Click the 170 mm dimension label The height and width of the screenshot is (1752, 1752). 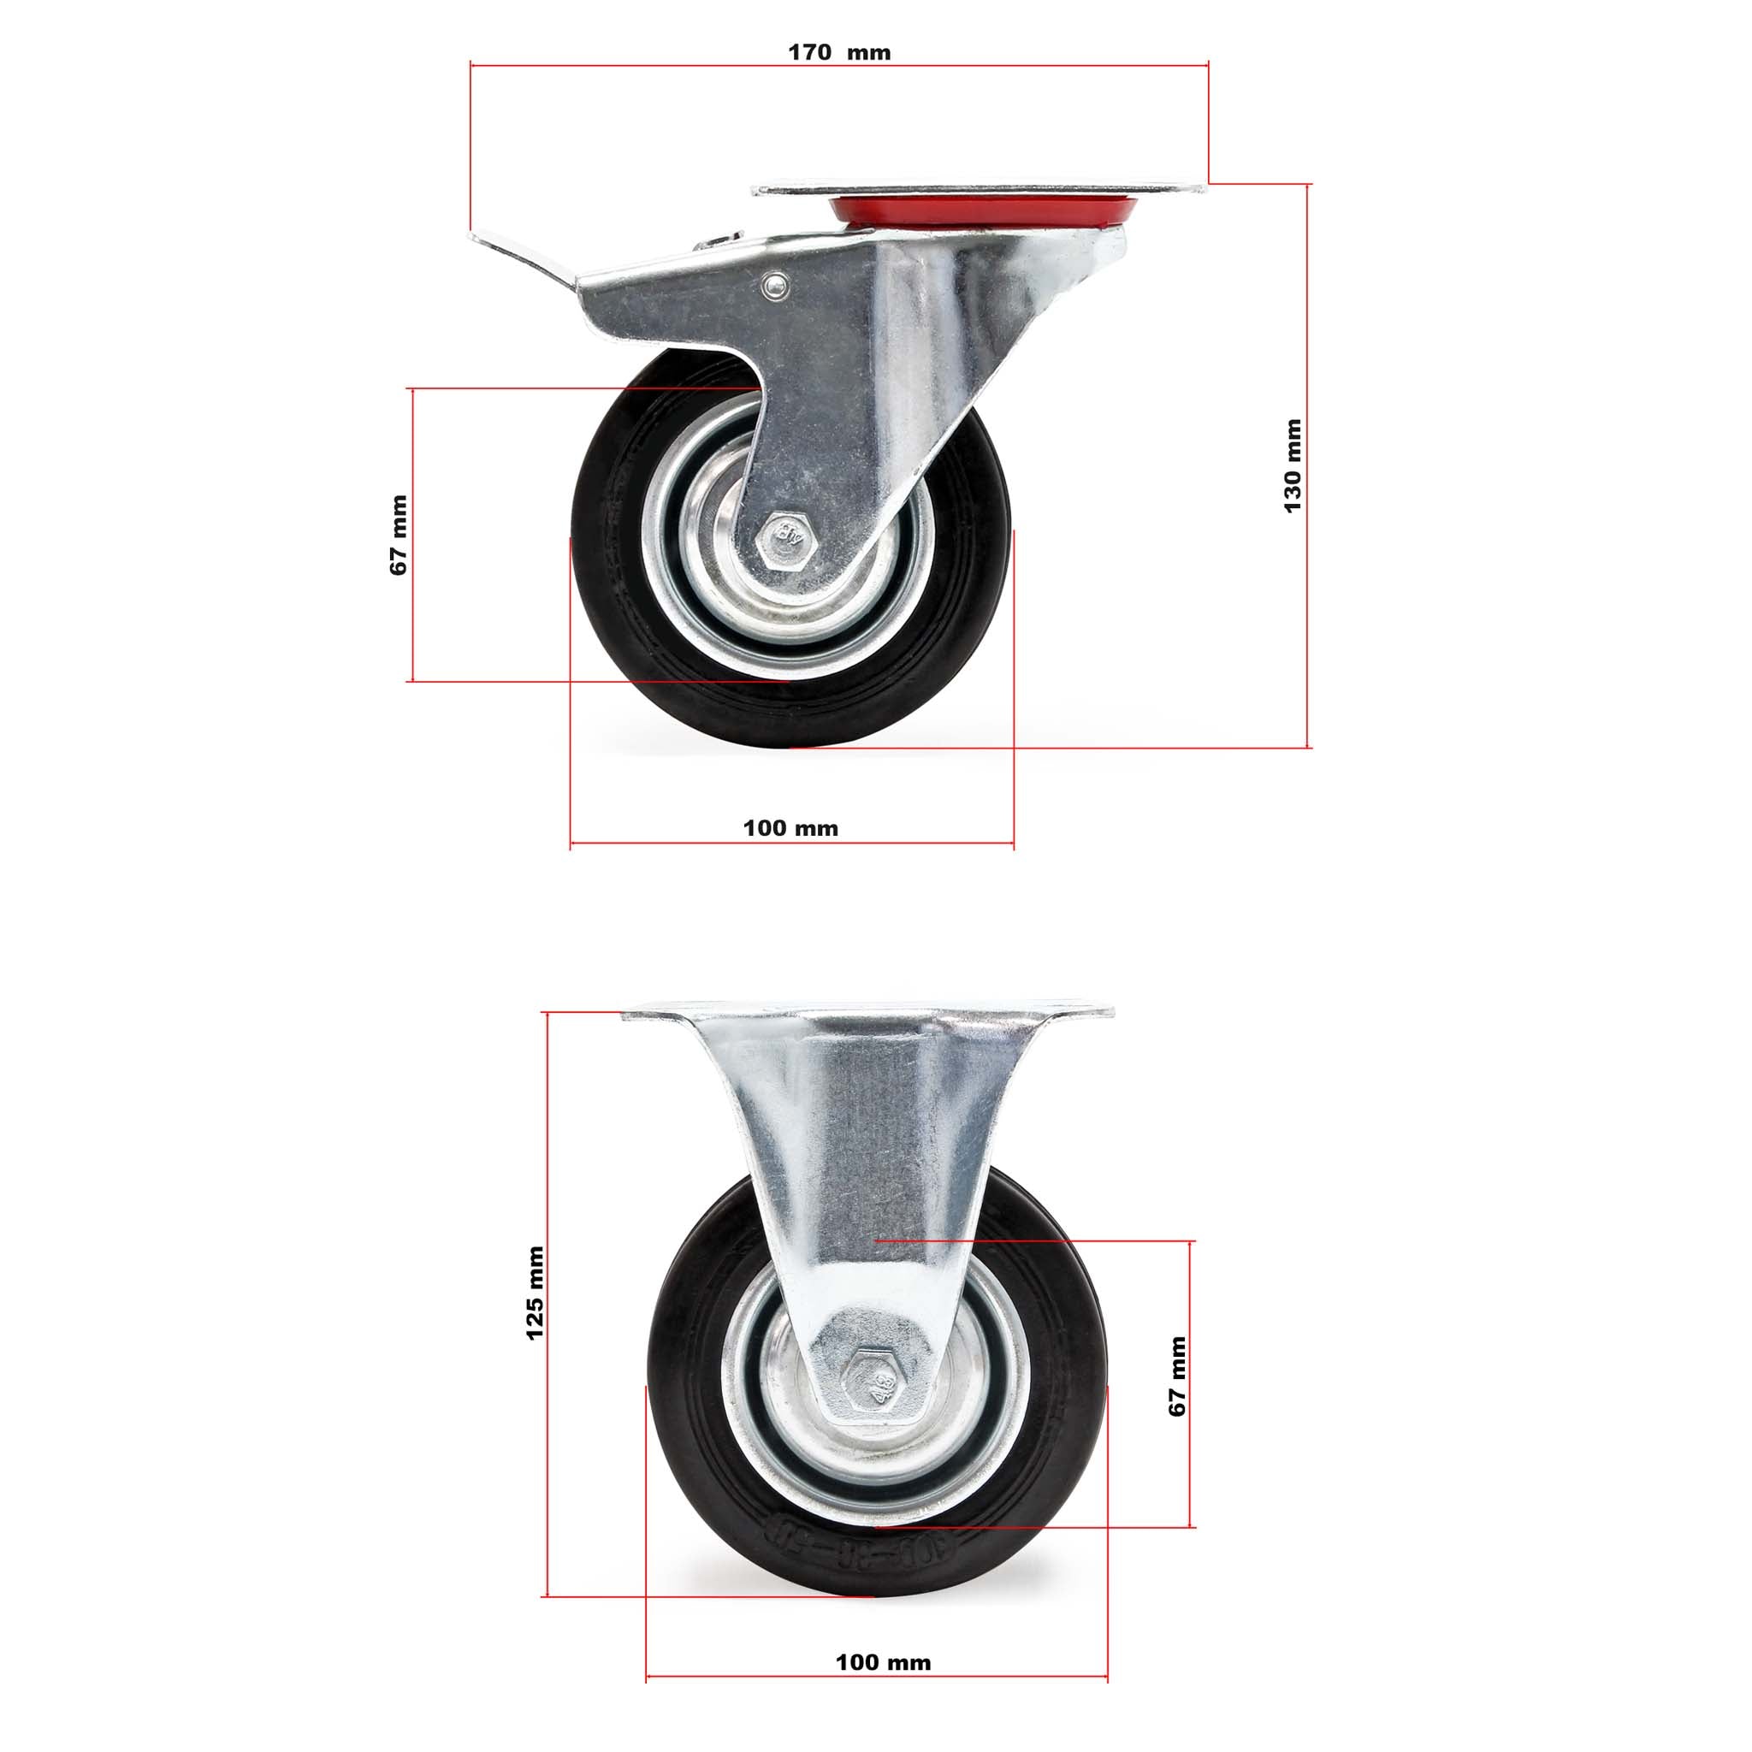coord(839,52)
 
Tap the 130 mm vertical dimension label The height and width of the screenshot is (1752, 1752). coord(1293,465)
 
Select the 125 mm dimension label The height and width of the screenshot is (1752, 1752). coord(535,1293)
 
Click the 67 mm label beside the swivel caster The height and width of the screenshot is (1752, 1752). coord(398,535)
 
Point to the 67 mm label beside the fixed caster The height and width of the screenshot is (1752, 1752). coord(1177,1376)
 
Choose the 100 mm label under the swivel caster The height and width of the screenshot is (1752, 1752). coord(790,828)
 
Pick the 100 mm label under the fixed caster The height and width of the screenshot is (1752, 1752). coord(882,1612)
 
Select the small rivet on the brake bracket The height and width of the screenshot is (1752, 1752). coord(774,286)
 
